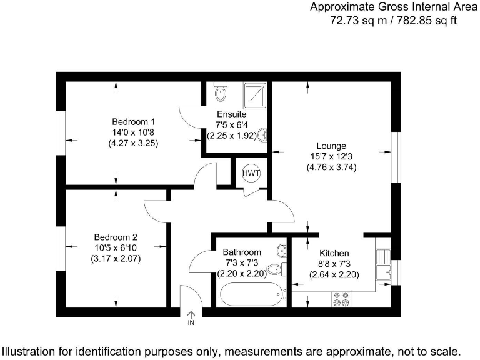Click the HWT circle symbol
(x=251, y=173)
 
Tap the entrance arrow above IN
(x=191, y=316)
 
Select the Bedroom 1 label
(x=133, y=121)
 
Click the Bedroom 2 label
(x=116, y=237)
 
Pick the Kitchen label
(x=334, y=253)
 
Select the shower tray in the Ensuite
(x=254, y=94)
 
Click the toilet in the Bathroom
(x=276, y=270)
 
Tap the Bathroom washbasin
(x=282, y=251)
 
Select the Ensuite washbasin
(x=264, y=134)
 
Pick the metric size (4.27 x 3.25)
(x=133, y=142)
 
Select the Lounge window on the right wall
(x=396, y=152)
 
